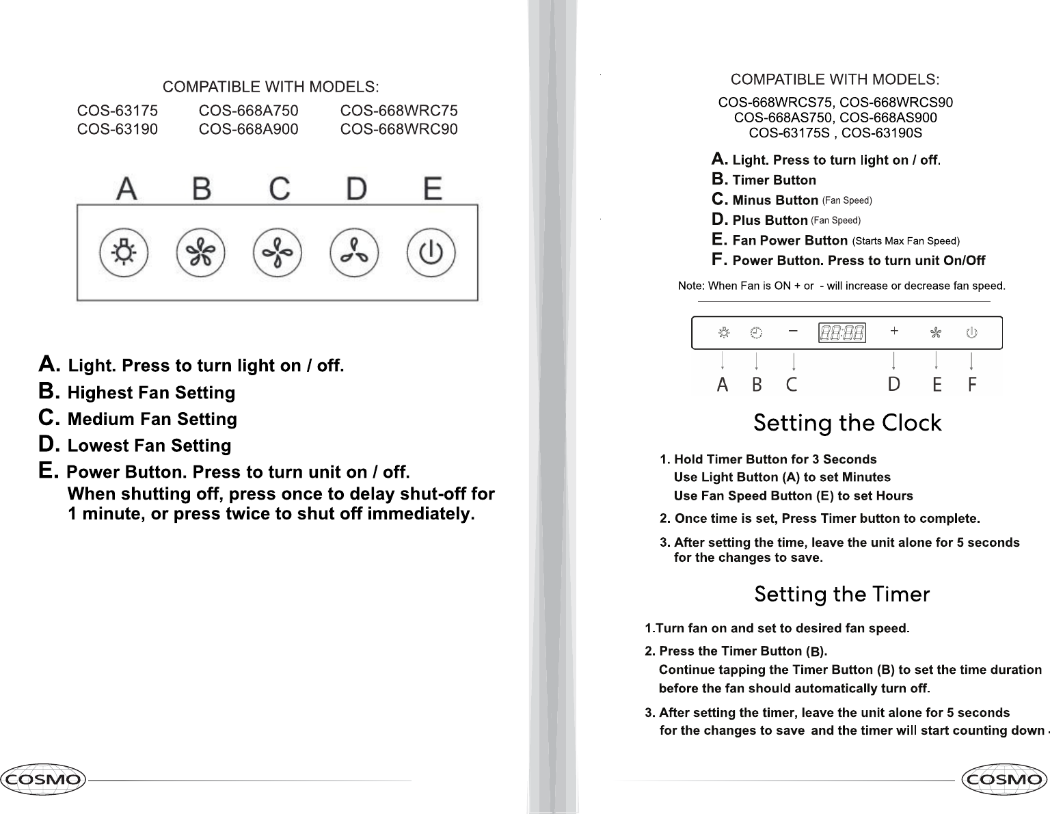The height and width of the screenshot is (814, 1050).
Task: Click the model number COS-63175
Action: pos(118,111)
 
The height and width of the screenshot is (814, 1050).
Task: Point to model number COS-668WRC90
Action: pos(399,129)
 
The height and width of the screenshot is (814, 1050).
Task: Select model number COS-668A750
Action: pos(248,111)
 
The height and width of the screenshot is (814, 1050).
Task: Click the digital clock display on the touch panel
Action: pos(842,333)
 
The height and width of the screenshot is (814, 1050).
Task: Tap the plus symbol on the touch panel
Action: pos(894,331)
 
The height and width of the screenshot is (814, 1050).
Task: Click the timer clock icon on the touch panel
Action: pos(756,333)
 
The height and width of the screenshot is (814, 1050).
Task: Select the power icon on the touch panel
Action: pos(971,333)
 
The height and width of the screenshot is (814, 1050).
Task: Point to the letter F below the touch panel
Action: pos(972,385)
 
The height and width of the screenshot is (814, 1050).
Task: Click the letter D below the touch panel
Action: pos(894,385)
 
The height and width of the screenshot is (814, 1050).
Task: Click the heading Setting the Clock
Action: pos(847,424)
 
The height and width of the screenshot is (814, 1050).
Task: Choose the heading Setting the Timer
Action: pos(842,595)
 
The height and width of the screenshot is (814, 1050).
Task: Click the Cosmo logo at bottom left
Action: pos(44,779)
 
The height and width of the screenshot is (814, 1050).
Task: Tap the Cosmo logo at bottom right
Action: pos(1004,779)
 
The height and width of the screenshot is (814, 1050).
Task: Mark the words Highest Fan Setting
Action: pos(151,393)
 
